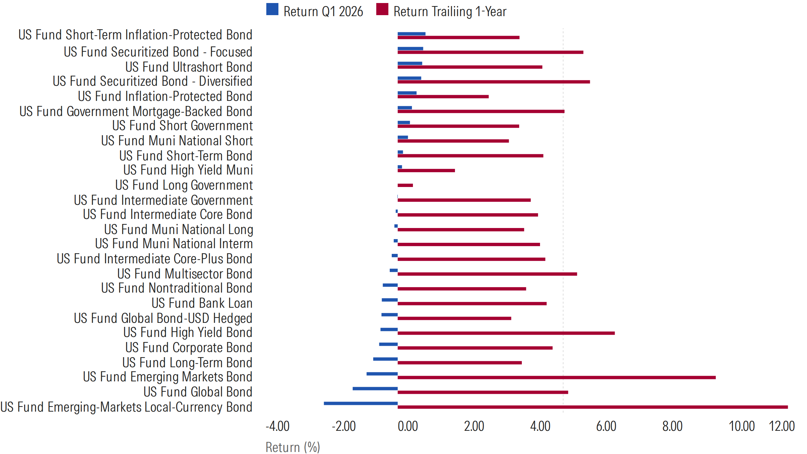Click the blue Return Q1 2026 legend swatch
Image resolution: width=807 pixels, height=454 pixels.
pos(272,9)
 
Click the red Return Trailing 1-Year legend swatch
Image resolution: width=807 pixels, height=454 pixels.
pos(382,9)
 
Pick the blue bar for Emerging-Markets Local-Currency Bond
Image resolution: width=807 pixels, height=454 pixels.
pos(360,403)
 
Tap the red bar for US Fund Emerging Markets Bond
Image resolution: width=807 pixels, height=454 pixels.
pos(556,377)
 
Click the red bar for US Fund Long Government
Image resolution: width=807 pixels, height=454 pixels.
pos(405,185)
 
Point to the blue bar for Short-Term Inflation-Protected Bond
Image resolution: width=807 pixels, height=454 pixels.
pos(411,34)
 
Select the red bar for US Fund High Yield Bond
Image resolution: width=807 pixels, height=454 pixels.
pos(506,333)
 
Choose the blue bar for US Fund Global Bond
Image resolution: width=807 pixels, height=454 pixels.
pos(375,388)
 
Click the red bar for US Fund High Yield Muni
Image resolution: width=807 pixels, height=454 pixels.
pos(426,171)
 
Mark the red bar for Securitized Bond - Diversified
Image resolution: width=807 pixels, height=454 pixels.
pos(494,82)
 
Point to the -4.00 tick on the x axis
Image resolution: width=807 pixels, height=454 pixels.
pos(278,426)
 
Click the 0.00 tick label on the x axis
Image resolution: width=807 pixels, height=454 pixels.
pos(408,426)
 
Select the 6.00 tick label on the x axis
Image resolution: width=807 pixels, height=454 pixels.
pos(606,426)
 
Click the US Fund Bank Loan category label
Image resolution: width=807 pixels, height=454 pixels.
pos(202,303)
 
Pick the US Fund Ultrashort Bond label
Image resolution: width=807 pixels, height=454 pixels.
pos(189,67)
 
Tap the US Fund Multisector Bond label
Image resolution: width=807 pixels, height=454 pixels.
pos(185,274)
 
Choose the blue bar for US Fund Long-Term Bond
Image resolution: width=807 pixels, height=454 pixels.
pos(385,359)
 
